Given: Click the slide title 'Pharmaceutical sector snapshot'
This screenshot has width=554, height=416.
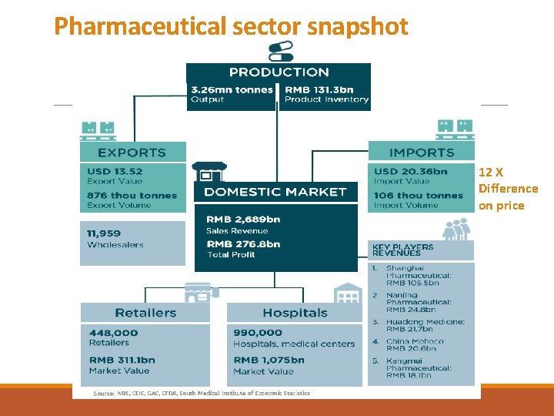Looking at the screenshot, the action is click(x=231, y=26).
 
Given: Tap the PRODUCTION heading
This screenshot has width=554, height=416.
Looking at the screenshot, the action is click(x=279, y=72).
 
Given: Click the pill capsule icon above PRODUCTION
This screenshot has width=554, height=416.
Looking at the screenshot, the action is click(x=279, y=51).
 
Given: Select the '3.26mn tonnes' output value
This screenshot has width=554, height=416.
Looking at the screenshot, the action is click(x=232, y=89).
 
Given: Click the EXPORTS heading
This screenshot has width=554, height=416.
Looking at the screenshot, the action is click(x=132, y=153).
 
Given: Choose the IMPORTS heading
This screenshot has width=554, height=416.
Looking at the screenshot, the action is click(x=422, y=153).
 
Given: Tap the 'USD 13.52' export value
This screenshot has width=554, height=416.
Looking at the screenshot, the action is click(x=115, y=171).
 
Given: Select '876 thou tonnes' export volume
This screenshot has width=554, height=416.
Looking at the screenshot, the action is click(x=132, y=196).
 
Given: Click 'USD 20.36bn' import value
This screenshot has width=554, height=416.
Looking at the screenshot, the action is click(x=410, y=171).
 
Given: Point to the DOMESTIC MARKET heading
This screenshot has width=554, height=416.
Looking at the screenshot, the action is click(x=276, y=192).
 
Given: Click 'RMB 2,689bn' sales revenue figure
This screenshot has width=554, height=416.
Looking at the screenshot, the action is click(x=242, y=220).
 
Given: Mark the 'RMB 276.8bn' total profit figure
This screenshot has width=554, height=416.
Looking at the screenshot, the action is click(x=242, y=244).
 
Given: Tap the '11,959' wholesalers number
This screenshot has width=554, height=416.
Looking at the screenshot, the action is click(x=104, y=233).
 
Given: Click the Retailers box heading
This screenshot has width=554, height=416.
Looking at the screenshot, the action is click(x=145, y=313).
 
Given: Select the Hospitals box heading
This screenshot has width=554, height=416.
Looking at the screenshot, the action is click(x=295, y=313).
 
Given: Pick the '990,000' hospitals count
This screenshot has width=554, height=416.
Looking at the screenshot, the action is click(x=252, y=333).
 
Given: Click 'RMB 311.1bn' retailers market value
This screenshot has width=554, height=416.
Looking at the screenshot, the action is click(x=122, y=360).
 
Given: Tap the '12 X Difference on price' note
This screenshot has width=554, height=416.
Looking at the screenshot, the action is click(x=508, y=189).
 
